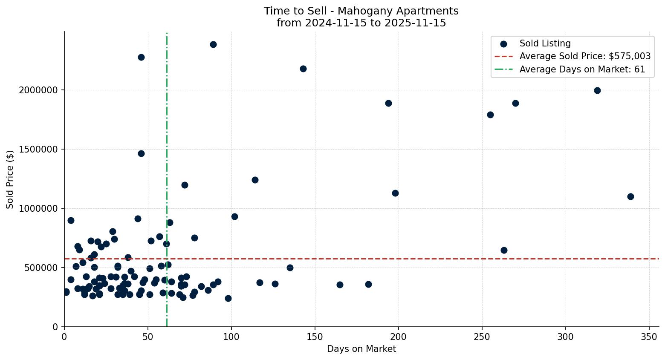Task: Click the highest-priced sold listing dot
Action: coord(213,44)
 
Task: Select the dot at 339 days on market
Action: coord(630,196)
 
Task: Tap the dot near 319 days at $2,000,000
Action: coord(597,90)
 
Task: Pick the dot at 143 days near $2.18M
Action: coord(303,69)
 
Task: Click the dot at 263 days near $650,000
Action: coord(504,250)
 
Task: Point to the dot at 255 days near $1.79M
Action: coord(490,115)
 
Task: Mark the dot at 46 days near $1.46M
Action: coord(141,153)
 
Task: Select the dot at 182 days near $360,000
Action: coord(368,284)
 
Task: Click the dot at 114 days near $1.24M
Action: coord(255,180)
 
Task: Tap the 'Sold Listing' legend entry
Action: coord(545,43)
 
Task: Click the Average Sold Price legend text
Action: coord(585,56)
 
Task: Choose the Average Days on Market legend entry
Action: coord(582,69)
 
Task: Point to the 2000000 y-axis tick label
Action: coord(38,90)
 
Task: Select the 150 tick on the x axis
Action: coord(315,336)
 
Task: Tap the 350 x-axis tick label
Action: coord(649,336)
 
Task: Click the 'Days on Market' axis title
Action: coord(361,349)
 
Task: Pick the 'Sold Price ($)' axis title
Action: coord(10,179)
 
